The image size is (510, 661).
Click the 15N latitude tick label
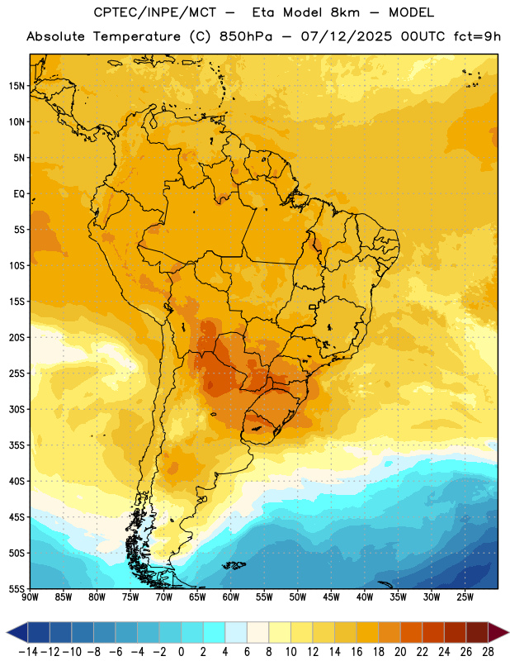17,86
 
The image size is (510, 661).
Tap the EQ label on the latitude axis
19,194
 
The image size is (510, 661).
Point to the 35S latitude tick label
17,445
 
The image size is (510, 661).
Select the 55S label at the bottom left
17,589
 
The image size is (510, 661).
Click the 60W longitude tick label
231,597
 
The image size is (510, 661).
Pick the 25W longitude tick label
465,597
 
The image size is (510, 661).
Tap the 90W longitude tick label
30,597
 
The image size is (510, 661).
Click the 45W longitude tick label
331,597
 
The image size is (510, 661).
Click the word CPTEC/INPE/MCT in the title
154,12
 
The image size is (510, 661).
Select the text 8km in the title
345,12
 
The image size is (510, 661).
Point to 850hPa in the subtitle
246,36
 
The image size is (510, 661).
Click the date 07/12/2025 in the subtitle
346,36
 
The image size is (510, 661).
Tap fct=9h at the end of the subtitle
477,36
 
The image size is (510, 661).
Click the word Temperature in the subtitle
137,36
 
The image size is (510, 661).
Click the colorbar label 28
488,652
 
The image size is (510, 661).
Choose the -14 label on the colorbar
29,652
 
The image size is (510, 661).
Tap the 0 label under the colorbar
181,652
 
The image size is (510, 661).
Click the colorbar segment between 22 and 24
433,633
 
